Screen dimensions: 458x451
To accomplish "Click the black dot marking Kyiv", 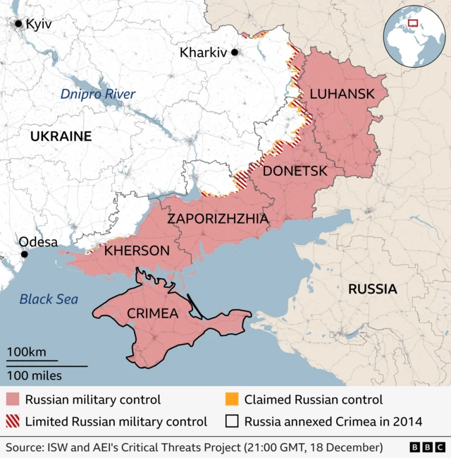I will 18,24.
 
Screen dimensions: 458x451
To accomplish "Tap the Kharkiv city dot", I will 235,52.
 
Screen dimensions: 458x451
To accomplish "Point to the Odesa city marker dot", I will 24,254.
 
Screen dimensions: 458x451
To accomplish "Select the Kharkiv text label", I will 203,52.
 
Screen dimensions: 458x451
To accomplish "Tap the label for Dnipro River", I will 97,94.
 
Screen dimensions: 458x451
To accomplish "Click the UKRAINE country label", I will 61,136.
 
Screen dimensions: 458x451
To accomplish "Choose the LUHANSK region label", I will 342,93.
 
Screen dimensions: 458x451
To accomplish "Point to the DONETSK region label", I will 295,171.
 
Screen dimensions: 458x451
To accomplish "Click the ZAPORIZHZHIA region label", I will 217,219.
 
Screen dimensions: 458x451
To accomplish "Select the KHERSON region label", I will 137,251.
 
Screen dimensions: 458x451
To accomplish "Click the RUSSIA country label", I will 373,289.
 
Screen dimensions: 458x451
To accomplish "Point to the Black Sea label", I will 49,299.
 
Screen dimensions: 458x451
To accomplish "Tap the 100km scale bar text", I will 27,351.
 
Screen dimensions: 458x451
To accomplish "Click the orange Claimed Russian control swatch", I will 232,400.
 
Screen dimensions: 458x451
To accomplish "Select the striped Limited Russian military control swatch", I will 13,422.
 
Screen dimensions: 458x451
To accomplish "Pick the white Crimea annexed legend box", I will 232,422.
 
